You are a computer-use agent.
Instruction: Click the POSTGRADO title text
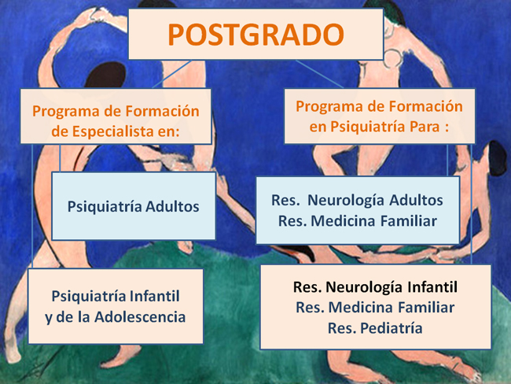256,35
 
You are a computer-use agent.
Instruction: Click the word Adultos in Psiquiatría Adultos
172,206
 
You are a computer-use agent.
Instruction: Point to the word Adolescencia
140,317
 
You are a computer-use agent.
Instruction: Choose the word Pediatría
392,328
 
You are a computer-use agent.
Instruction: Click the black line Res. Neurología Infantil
375,287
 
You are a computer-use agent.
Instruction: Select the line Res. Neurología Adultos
357,201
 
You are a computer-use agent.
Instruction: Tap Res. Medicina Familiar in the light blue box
358,221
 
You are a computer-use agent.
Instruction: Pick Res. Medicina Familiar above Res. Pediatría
375,308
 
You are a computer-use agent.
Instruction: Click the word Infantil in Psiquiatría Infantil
154,296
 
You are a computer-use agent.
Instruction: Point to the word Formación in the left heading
162,111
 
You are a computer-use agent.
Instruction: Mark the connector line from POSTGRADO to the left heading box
171,74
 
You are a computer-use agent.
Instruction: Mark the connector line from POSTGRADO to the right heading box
319,74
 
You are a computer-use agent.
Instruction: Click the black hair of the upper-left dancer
105,75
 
